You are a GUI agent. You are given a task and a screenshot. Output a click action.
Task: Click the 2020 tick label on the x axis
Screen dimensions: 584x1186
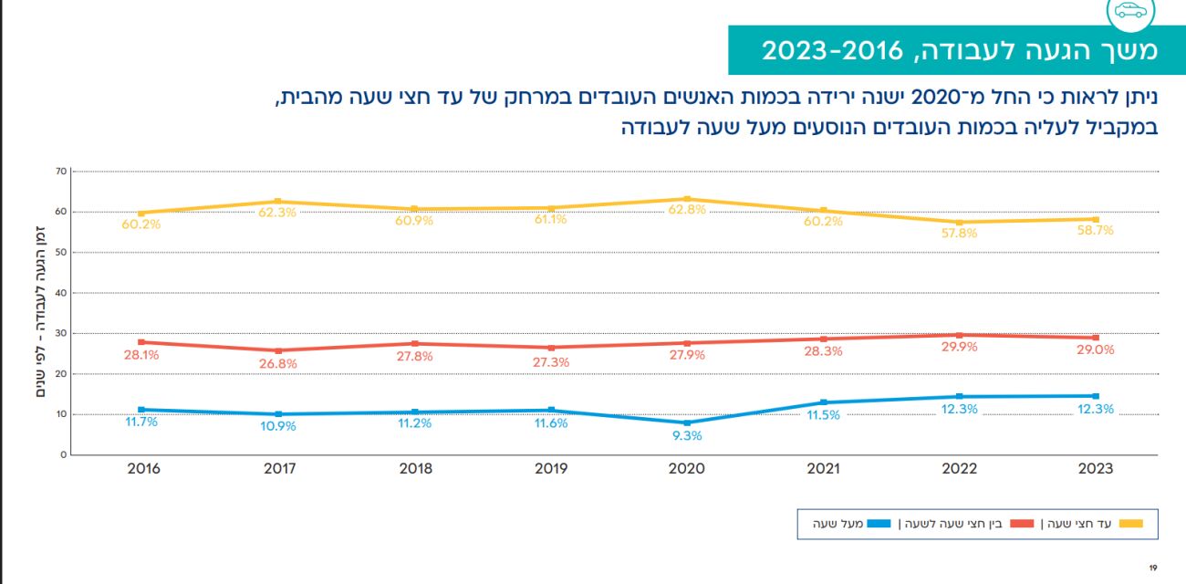687,469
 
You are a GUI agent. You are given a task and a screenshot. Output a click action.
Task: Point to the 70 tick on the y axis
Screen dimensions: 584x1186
61,171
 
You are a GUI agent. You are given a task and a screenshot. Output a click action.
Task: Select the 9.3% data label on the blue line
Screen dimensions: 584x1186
687,436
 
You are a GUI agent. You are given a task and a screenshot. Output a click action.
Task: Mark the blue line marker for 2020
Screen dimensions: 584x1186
687,422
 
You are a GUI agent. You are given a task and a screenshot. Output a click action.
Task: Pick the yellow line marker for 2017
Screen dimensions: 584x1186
278,202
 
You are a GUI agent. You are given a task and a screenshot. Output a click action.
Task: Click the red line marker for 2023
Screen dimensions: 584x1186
1096,338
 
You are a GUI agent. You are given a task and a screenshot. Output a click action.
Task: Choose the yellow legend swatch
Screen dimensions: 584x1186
1131,524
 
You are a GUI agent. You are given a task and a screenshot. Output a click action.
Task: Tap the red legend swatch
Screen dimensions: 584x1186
1023,524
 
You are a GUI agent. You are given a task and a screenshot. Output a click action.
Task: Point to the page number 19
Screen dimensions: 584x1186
1153,568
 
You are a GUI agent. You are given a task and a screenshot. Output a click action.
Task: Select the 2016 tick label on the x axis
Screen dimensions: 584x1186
143,469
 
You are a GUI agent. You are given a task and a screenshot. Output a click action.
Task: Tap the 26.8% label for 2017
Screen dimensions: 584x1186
278,364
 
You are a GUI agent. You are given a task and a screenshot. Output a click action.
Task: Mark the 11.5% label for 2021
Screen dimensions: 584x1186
823,415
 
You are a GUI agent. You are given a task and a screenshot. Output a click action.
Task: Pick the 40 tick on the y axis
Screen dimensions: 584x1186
61,293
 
